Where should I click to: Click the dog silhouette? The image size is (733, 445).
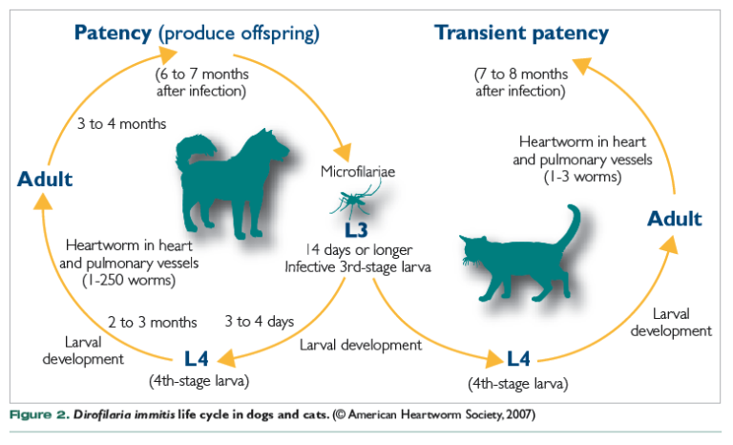(229, 186)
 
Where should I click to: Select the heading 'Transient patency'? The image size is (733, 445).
(521, 33)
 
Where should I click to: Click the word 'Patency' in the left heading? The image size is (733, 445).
(114, 33)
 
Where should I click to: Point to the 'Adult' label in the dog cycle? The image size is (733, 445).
(45, 179)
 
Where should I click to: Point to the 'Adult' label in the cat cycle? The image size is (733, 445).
(674, 219)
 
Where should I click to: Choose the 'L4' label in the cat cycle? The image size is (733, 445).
(518, 360)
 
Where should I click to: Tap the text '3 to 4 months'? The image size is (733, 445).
(121, 124)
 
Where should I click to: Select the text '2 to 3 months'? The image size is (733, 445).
(152, 322)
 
